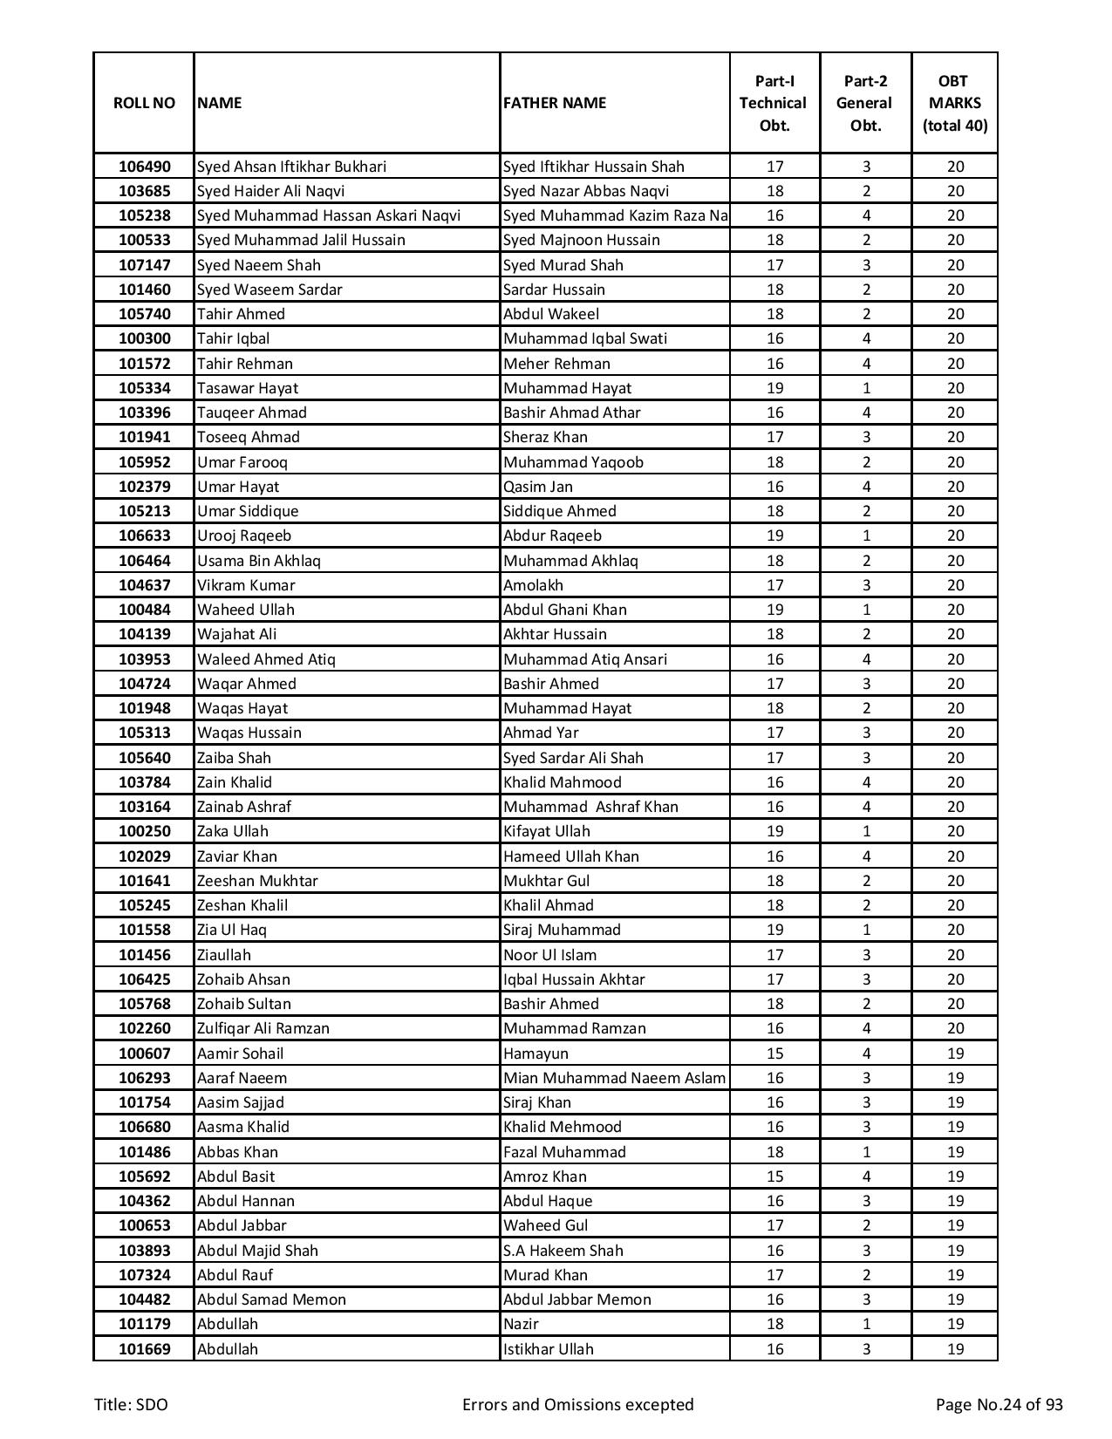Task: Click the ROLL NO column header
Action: [x=144, y=103]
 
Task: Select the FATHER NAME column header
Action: [x=554, y=103]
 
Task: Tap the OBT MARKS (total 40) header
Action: [x=954, y=103]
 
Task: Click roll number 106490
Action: [x=144, y=167]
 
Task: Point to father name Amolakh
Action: [x=533, y=585]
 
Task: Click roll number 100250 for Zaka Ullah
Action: [x=144, y=831]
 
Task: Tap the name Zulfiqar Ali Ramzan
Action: [x=263, y=1028]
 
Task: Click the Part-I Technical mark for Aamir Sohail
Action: [x=774, y=1054]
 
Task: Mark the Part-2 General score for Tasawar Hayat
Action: [x=866, y=388]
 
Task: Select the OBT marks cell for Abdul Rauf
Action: [x=955, y=1275]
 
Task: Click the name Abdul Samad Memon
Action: [x=271, y=1299]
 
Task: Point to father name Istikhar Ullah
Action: [x=549, y=1349]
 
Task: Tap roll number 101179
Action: [x=144, y=1324]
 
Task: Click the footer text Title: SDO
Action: [x=131, y=1404]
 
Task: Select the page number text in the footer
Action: [x=999, y=1404]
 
